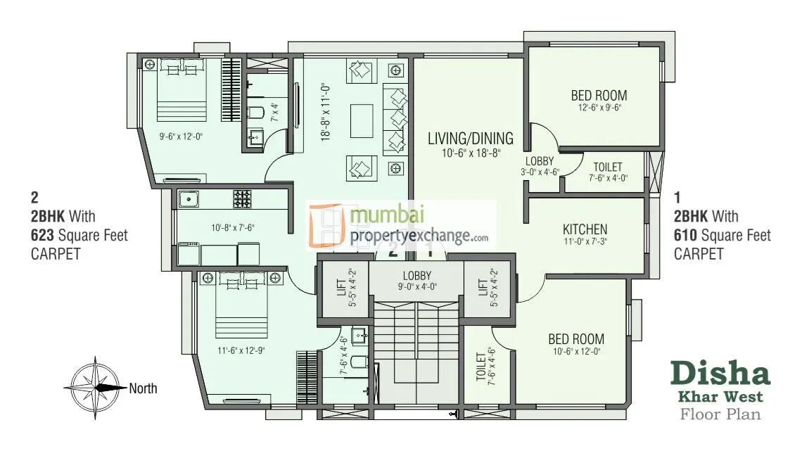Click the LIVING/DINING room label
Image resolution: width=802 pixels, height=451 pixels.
pos(471,138)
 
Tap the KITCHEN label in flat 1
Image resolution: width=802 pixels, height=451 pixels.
pos(585,229)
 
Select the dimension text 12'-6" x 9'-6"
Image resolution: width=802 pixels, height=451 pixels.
pos(599,108)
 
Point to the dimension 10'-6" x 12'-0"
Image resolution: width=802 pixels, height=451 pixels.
pos(576,352)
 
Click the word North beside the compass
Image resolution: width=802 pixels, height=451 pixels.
pos(143,388)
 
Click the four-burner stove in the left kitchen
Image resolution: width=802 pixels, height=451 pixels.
pos(243,198)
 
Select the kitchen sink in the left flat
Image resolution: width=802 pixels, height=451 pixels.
pos(189,199)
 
